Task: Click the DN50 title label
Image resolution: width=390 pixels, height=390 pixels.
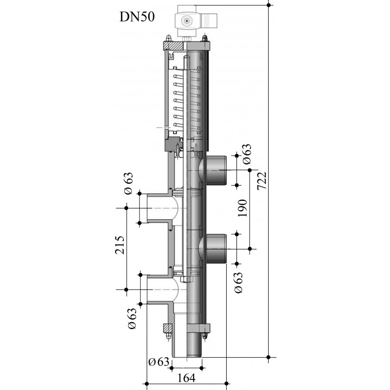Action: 137,17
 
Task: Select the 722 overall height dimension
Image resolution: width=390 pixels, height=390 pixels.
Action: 262,181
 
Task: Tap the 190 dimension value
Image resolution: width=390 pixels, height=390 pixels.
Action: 242,208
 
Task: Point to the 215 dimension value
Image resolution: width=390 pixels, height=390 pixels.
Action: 119,245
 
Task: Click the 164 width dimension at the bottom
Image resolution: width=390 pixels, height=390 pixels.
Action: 187,378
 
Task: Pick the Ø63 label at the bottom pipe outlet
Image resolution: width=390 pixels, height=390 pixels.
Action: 159,362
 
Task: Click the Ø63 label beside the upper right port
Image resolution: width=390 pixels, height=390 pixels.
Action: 247,154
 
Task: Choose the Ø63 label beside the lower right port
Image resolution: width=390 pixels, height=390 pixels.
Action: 238,283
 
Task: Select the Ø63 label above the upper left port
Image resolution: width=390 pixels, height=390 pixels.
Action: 129,184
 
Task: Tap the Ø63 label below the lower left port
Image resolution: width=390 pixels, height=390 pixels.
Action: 132,319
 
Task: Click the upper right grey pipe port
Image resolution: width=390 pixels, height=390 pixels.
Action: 216,170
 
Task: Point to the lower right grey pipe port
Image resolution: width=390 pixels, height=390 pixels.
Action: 216,249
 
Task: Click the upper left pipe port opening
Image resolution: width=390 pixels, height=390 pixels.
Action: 159,208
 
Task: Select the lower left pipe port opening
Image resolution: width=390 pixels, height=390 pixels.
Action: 159,290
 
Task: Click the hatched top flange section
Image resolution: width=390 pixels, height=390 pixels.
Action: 174,45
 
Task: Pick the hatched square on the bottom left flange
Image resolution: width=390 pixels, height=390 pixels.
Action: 167,328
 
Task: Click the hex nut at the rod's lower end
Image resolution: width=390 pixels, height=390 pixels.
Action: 187,279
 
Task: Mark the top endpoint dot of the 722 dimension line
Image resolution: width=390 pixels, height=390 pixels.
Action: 269,5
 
